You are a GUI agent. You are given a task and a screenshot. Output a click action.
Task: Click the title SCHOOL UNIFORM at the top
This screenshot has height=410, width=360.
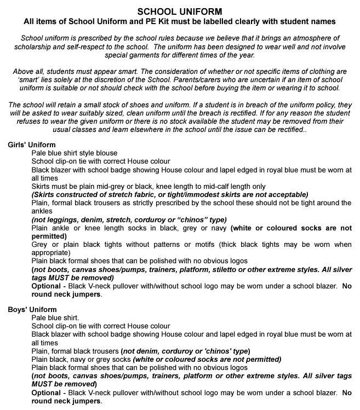180,11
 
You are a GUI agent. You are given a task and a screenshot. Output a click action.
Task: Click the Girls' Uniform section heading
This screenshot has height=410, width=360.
31,145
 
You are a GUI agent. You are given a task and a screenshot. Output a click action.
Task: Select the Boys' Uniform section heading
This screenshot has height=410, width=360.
31,309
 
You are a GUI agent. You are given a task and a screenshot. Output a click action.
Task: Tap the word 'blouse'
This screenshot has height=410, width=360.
105,153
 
